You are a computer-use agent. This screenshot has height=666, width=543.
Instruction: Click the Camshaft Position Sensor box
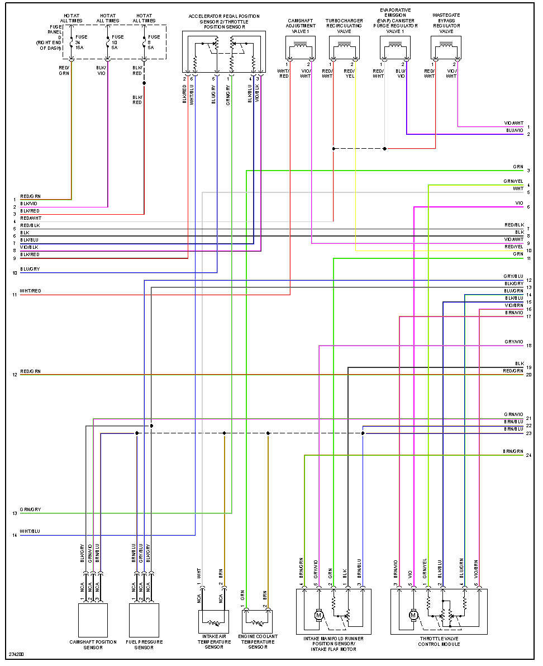click(x=93, y=620)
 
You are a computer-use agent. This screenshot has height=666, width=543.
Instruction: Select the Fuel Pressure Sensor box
click(x=144, y=620)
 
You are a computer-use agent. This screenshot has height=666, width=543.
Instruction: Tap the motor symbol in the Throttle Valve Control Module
click(x=413, y=615)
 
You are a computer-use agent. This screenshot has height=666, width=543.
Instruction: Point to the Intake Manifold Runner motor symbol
click(x=319, y=615)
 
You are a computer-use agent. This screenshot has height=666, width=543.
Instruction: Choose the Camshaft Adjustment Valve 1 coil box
click(x=301, y=50)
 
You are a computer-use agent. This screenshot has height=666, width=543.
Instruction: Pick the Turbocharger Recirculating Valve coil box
click(x=344, y=50)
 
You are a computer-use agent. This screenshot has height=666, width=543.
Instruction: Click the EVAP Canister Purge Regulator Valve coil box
click(x=396, y=50)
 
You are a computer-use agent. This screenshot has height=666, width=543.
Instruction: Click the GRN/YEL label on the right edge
click(x=513, y=181)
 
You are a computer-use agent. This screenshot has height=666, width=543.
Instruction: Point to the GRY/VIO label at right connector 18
click(x=513, y=342)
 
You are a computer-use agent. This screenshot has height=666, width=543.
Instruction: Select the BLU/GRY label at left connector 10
click(x=30, y=270)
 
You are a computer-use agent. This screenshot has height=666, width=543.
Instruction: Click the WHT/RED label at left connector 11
click(x=30, y=291)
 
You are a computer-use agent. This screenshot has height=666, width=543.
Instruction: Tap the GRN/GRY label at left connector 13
click(x=30, y=510)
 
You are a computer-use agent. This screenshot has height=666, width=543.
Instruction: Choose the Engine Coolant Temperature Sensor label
click(x=258, y=642)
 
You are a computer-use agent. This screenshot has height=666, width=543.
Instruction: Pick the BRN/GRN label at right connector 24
click(x=513, y=451)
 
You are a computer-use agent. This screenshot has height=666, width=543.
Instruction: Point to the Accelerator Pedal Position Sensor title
click(x=224, y=22)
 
